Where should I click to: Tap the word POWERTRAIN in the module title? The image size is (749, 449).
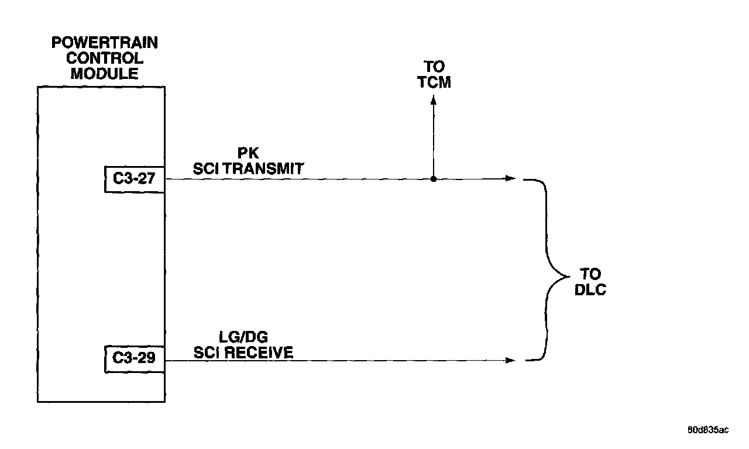(x=105, y=43)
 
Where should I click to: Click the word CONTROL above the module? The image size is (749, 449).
(x=105, y=58)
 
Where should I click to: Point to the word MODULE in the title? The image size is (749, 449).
(x=105, y=74)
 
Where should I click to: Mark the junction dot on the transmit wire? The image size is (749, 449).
(x=433, y=179)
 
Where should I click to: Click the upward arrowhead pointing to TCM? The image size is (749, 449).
(x=433, y=101)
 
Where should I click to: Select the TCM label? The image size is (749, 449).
(x=434, y=82)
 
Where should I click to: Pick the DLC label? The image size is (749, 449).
(x=590, y=289)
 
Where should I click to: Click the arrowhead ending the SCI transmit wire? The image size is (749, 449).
(x=511, y=179)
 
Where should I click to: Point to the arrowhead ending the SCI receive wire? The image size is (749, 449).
(x=511, y=360)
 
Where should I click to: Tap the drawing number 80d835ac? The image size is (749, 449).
(x=708, y=430)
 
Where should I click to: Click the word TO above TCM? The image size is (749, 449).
(x=434, y=67)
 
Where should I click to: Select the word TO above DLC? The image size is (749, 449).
(x=590, y=274)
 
